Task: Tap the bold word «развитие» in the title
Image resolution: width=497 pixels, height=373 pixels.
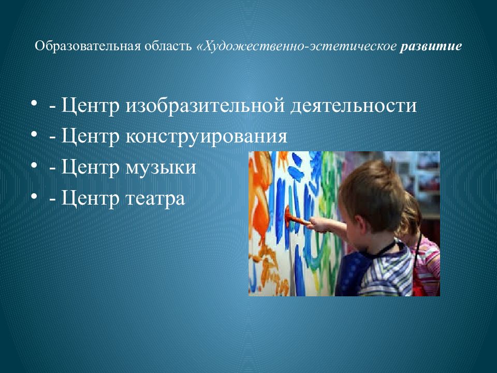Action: [430, 47]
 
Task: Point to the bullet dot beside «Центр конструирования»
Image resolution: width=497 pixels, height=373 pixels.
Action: [34, 133]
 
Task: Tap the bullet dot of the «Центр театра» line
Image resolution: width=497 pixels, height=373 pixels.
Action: [34, 195]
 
